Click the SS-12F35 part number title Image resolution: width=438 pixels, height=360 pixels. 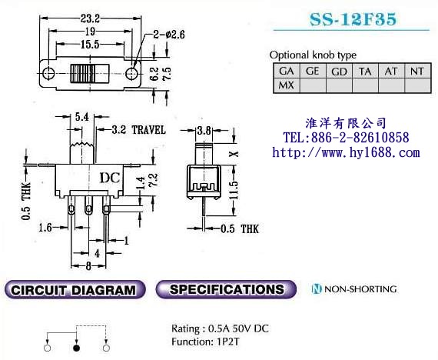(353, 19)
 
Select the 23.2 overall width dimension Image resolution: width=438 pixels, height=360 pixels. (90, 18)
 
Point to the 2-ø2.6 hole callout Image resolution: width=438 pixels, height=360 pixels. (169, 35)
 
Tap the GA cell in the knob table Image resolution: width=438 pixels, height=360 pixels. (286, 71)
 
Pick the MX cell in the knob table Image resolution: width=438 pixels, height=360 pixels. (286, 85)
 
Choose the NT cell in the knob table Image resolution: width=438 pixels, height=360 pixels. (417, 71)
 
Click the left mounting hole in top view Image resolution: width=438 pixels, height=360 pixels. (49, 74)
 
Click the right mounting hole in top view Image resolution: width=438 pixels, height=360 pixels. (131, 74)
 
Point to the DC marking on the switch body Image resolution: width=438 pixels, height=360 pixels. (110, 178)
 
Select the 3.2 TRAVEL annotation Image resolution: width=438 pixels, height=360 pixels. (138, 130)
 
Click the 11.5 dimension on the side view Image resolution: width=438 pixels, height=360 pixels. (234, 190)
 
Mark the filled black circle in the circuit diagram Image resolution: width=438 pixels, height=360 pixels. (76, 348)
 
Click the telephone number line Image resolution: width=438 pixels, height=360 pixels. (347, 138)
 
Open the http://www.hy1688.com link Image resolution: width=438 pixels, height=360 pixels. (346, 153)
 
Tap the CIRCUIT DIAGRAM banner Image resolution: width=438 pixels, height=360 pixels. (75, 289)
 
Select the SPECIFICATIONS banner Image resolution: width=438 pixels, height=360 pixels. (226, 289)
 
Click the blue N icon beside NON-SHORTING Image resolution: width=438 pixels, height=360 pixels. (317, 288)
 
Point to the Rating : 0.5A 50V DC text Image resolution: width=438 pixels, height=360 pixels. (220, 328)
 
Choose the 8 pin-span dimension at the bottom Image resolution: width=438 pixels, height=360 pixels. (88, 265)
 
